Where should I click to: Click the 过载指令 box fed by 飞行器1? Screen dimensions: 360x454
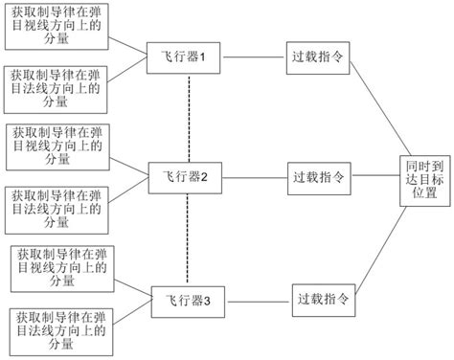[317, 57]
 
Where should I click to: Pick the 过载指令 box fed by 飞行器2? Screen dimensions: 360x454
[317, 177]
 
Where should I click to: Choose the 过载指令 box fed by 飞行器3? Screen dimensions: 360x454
[322, 298]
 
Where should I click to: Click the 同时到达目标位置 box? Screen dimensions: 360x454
[422, 179]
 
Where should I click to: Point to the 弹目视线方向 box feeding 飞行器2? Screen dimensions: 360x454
[56, 144]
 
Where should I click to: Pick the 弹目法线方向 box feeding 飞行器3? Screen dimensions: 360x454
[61, 327]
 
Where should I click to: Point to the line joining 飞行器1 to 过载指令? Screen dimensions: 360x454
[254, 57]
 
